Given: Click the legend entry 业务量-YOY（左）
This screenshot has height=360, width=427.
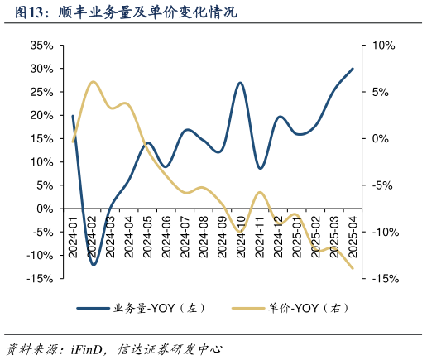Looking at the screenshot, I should pyautogui.click(x=141, y=309).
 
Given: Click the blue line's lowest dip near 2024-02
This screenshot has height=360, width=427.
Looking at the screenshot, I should pyautogui.click(x=94, y=265).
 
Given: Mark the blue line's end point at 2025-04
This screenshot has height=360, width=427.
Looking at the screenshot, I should pyautogui.click(x=353, y=69).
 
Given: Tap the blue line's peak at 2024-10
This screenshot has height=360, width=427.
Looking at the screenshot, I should pyautogui.click(x=240, y=83).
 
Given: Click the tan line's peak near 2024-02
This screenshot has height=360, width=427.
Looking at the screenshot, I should pyautogui.click(x=93, y=82).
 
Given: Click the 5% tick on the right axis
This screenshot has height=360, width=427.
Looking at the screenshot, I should pyautogui.click(x=383, y=92).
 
